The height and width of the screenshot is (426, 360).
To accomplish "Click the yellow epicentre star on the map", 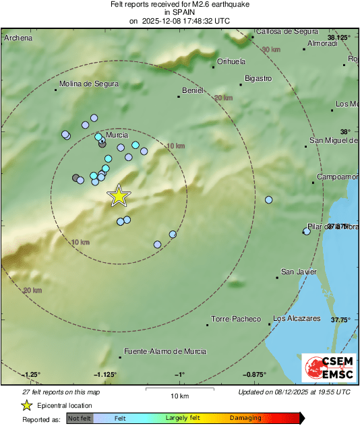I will click(119, 195).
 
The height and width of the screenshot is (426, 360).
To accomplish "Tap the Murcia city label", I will click(117, 135).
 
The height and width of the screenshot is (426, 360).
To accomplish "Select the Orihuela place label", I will click(231, 62).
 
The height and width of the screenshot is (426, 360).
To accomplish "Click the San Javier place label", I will click(299, 272).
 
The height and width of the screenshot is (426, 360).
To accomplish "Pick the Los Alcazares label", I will click(297, 318).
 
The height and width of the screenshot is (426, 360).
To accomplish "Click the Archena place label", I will click(18, 38).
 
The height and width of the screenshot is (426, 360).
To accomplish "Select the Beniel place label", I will click(193, 90).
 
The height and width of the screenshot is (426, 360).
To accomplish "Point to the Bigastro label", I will click(258, 79).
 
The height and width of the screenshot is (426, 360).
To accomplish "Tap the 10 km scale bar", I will click(178, 389).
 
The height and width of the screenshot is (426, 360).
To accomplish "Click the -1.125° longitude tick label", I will click(106, 374).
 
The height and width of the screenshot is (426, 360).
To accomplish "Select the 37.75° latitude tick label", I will click(340, 320).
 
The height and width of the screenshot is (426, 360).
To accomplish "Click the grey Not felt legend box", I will click(78, 419).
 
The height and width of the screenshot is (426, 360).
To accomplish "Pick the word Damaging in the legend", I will click(245, 419).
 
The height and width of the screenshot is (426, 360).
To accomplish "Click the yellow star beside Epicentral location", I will click(26, 405).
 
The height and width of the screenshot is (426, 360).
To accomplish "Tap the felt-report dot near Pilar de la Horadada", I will click(306, 231).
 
